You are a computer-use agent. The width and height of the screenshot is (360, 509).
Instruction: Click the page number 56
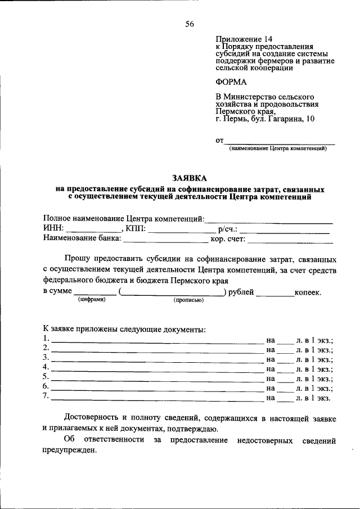[190, 24]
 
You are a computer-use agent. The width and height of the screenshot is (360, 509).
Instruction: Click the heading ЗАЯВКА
[190, 177]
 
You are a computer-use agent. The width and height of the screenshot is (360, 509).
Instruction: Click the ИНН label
[53, 229]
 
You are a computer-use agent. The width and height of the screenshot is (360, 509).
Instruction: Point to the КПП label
[136, 229]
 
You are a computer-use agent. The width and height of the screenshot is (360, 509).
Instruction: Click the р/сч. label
[227, 229]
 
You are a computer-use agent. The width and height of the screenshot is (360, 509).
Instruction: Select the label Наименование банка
[82, 238]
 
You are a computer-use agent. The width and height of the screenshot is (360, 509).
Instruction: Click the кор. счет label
[228, 239]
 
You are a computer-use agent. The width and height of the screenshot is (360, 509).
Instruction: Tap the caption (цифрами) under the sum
[92, 300]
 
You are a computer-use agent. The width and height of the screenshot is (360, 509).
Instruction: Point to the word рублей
[241, 292]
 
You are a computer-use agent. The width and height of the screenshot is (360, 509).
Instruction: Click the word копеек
[308, 292]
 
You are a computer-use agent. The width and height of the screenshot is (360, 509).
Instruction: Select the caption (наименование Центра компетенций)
[278, 148]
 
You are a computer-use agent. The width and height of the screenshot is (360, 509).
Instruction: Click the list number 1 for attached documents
[46, 339]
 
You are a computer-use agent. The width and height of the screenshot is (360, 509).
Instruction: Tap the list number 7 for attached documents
[46, 397]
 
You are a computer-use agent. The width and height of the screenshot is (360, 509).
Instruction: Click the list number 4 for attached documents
[46, 368]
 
